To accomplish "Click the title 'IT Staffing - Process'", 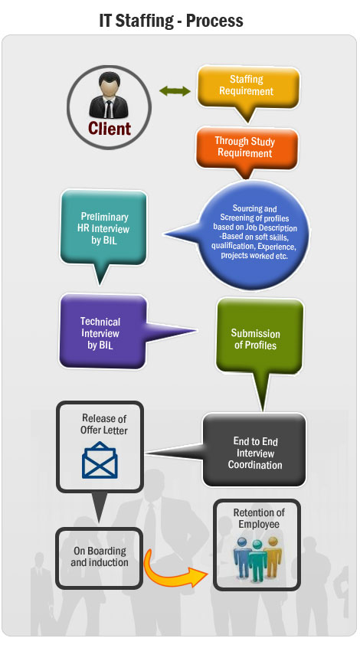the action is coord(171,20).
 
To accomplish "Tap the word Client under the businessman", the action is coord(110,129).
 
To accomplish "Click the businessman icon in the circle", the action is coord(109,96).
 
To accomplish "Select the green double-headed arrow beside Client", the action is coord(175,91).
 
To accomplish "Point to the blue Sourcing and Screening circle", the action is coord(254,234).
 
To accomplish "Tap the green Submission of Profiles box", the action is coord(259,337).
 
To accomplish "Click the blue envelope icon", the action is coord(100,460).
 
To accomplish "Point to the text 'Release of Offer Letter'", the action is coord(104,424).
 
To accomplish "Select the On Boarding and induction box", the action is coord(100,558).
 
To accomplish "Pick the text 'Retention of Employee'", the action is coord(259,519).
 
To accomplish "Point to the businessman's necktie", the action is coord(109,109).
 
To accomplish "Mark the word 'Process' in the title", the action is coord(214,20).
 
